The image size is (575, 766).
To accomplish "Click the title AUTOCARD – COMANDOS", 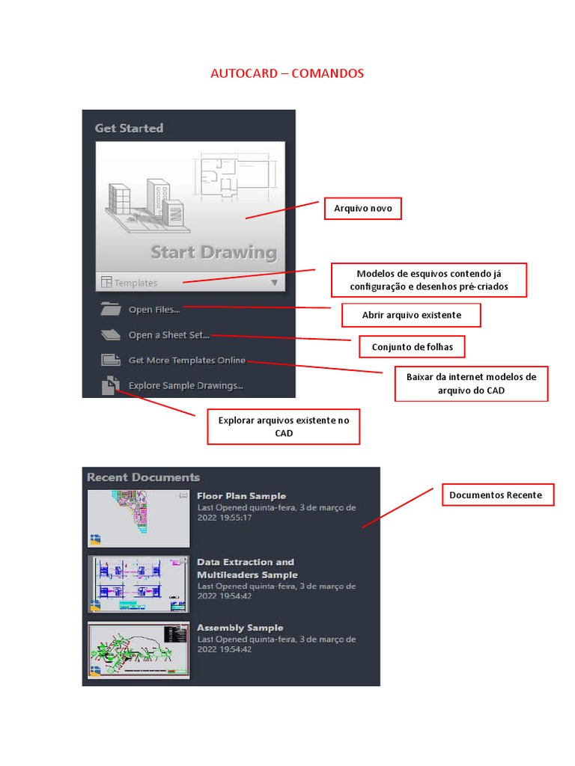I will point(287,73).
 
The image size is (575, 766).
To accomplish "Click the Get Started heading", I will point(129,128).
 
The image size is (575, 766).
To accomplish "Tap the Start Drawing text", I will point(213,252).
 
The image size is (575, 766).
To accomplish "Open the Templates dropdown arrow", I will point(274,283).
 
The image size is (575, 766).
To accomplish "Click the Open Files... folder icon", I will point(110,309).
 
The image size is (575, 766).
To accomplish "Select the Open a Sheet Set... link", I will point(168,335).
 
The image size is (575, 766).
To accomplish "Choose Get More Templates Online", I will point(186,361).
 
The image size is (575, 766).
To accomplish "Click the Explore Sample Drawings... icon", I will point(110,385).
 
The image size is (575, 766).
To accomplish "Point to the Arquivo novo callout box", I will point(362,209).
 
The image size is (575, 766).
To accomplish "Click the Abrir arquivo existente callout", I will point(411,315).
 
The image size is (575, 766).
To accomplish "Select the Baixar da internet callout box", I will point(471,384).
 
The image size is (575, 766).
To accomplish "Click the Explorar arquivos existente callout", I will point(284,426).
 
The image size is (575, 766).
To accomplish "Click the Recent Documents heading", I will point(143,477).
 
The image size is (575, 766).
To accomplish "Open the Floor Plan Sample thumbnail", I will point(138,518).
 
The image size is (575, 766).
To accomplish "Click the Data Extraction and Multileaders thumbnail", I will point(138,583).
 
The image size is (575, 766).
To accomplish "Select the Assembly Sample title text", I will point(240,628).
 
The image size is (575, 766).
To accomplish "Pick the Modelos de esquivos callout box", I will point(429,280).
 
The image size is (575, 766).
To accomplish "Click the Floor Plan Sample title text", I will point(241,496).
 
